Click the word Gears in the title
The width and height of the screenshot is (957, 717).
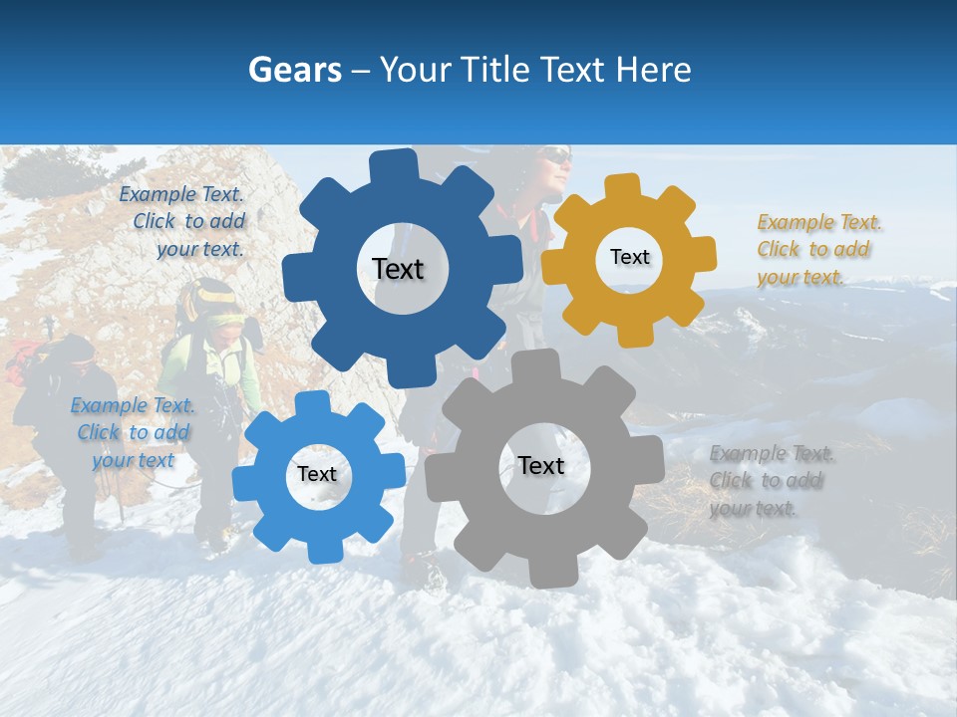pos(294,70)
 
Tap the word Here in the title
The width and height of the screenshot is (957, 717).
pos(653,70)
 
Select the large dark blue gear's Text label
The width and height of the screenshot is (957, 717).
pos(398,269)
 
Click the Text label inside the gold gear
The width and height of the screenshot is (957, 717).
pos(629,257)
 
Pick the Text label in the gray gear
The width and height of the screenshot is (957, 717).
pos(541,465)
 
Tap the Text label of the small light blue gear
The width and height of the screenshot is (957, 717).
pos(317,474)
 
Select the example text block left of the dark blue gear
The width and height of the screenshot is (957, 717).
pos(184,222)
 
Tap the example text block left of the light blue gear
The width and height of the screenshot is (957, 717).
pos(133,432)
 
